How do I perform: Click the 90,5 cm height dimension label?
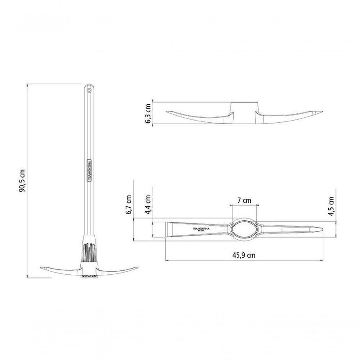[x=22, y=181]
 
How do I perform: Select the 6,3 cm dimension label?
[x=148, y=113]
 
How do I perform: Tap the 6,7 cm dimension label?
[x=129, y=205]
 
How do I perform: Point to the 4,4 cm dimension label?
[x=148, y=205]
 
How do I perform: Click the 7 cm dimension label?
[x=244, y=201]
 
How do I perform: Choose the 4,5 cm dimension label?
[x=331, y=206]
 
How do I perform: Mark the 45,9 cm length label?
[x=244, y=255]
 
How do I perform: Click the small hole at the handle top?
[x=89, y=91]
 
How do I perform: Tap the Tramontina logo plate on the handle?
[x=90, y=170]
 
